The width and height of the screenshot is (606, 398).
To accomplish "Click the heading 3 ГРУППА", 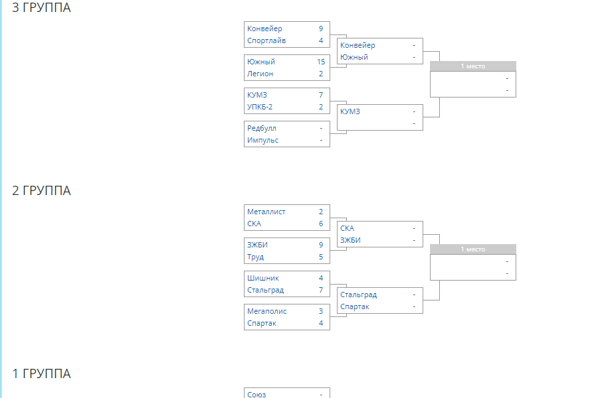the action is [41, 7].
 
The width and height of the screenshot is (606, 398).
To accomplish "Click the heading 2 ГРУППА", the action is [41, 190].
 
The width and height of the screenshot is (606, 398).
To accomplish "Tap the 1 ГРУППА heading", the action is [41, 373].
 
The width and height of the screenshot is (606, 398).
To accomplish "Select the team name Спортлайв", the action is [266, 40].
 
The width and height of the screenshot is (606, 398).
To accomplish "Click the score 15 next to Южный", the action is [321, 62].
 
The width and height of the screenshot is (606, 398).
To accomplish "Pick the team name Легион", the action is [260, 74].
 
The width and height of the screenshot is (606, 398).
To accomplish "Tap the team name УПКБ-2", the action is [260, 107].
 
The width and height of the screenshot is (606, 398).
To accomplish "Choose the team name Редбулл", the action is [262, 128].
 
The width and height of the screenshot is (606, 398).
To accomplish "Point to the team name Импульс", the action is [263, 140].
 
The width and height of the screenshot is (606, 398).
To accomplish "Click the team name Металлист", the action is [266, 212].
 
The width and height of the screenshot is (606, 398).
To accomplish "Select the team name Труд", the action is [255, 257].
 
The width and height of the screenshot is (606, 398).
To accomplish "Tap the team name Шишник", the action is [263, 278].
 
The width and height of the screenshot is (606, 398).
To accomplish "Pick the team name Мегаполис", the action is [267, 311].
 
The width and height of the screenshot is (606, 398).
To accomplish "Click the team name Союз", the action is [256, 395].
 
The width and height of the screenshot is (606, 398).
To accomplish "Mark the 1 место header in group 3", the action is [473, 66].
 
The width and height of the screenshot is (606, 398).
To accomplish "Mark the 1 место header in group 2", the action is [473, 249].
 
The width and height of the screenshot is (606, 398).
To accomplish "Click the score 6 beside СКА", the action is [321, 224].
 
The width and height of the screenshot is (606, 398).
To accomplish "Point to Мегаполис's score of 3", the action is [321, 311].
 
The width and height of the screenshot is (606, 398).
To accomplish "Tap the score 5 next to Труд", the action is [321, 257].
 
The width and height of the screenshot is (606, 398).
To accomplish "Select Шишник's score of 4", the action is [321, 278].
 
